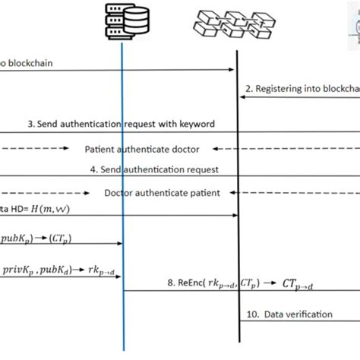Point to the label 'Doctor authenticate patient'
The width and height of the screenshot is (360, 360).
162,193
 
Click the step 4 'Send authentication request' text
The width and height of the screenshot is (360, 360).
154,169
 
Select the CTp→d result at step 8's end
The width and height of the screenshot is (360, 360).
298,286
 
